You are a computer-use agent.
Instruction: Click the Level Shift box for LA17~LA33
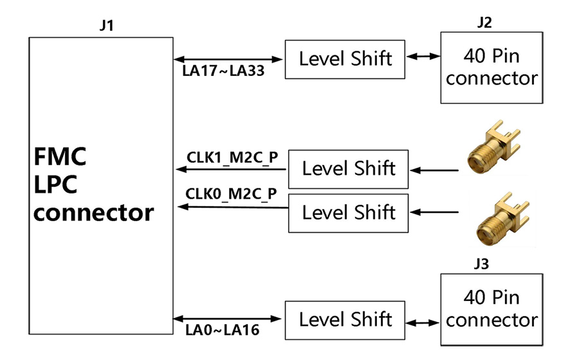[345, 59]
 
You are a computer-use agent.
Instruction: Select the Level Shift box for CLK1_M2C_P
[348, 169]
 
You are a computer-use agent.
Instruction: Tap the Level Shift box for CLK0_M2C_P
[348, 212]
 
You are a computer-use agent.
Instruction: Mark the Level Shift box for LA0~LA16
[345, 319]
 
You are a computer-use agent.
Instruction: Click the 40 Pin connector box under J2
[492, 67]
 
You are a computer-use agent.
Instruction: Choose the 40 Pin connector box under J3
[492, 309]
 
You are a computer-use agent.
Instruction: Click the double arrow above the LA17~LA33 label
[228, 59]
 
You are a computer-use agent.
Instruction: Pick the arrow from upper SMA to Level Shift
[436, 171]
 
